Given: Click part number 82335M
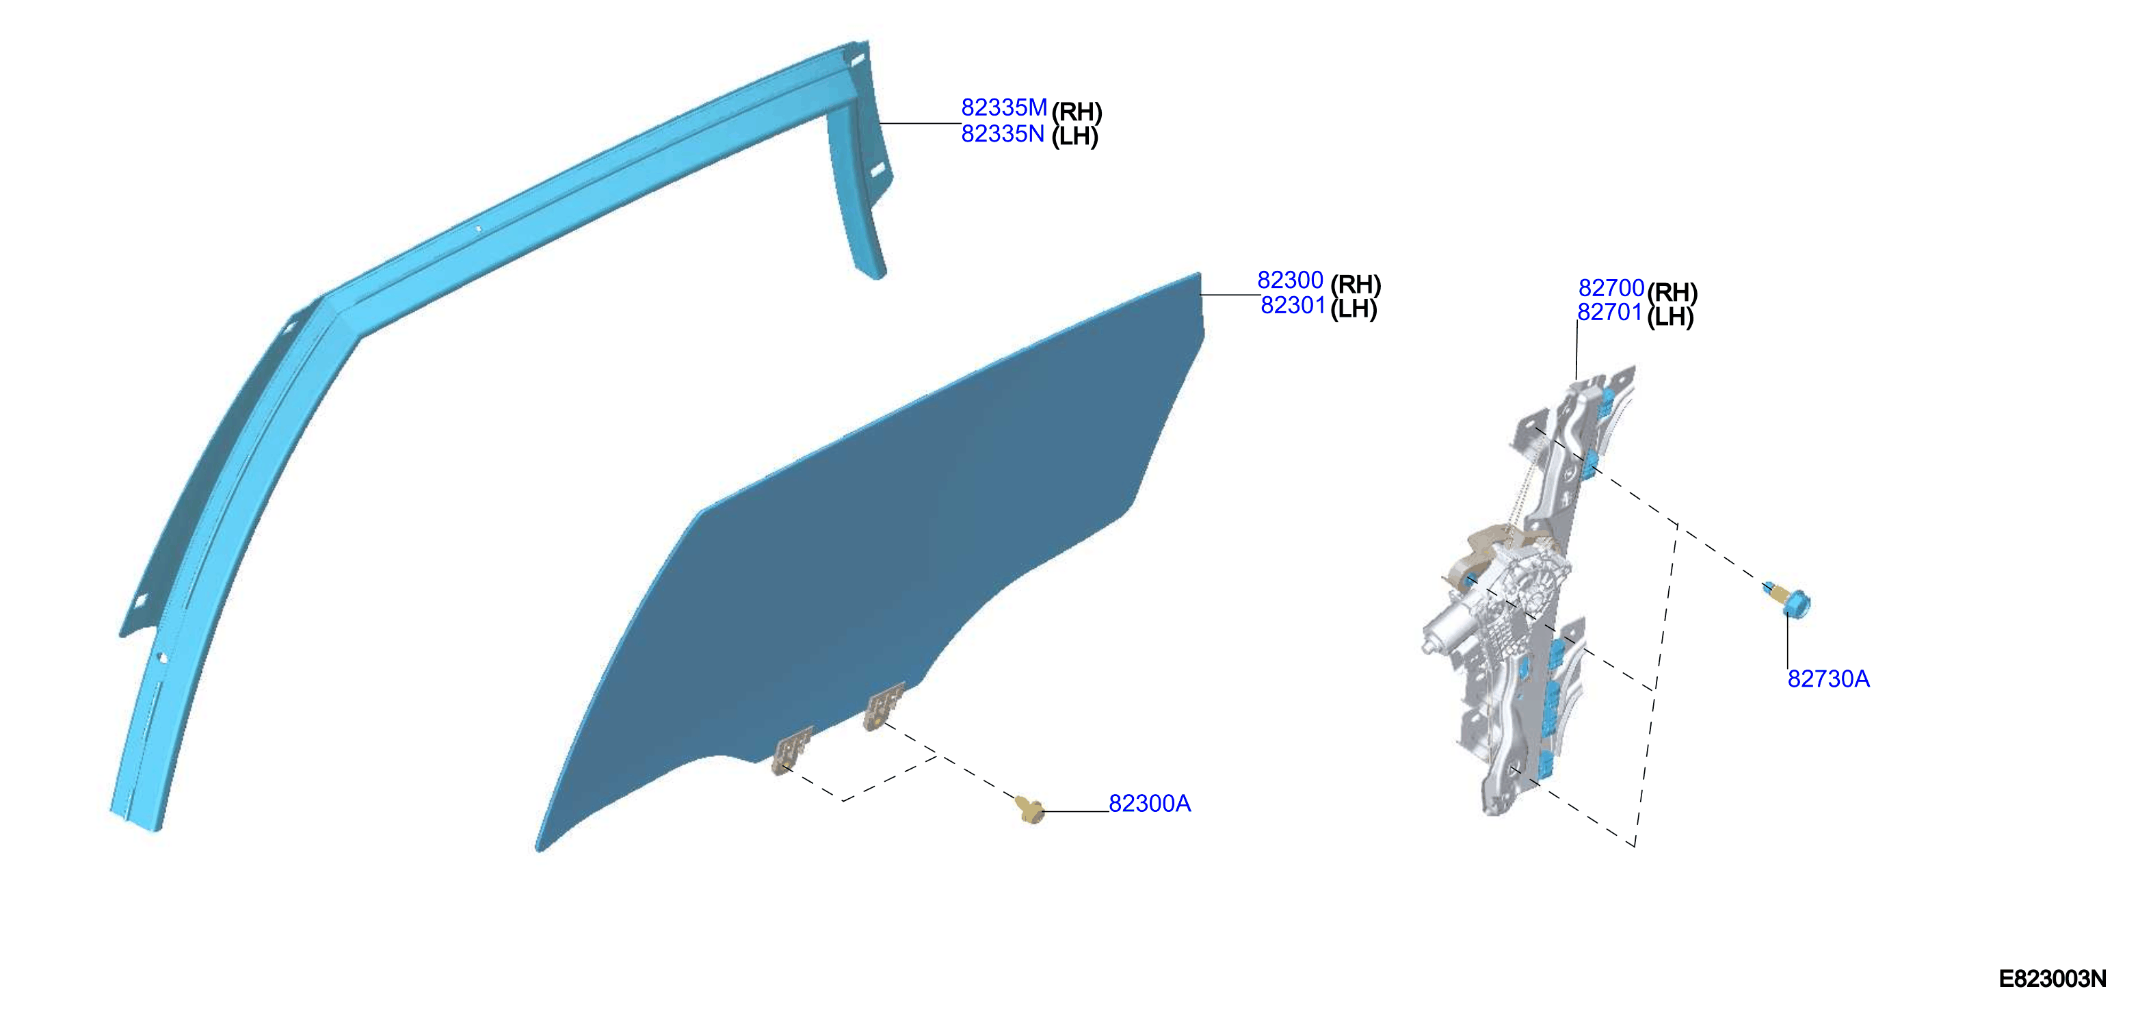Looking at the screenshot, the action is click(1004, 107).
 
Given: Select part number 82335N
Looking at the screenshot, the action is click(1003, 133).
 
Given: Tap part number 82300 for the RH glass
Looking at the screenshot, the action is click(1290, 280).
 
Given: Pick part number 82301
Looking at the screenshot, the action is click(1293, 306).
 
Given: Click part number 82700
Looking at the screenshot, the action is click(1611, 288).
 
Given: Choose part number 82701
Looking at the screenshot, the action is click(1610, 312).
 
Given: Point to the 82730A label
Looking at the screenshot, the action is click(1829, 679).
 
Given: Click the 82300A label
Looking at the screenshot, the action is click(1150, 804).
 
